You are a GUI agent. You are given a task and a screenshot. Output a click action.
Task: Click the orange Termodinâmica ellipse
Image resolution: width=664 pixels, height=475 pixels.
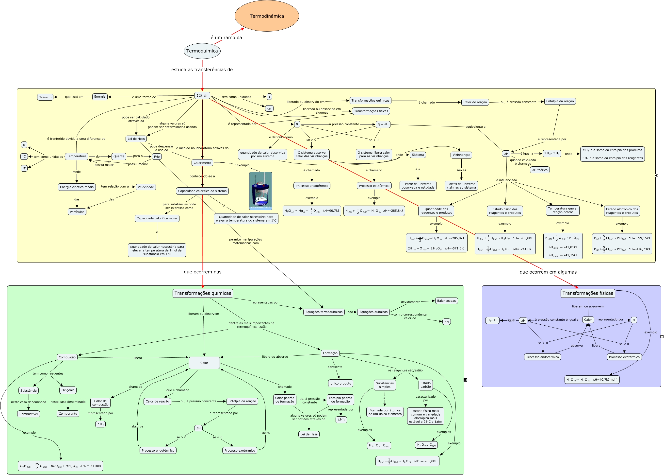(x=266, y=16)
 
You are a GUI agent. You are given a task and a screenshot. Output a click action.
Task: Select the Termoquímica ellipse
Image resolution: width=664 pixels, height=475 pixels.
(x=202, y=51)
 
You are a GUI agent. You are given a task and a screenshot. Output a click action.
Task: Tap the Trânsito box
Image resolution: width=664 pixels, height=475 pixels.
(x=45, y=97)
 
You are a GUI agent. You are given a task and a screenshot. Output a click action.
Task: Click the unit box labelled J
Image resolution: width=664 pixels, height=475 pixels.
(x=269, y=97)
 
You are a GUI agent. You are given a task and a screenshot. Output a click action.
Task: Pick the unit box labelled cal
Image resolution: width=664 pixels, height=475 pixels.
(x=269, y=108)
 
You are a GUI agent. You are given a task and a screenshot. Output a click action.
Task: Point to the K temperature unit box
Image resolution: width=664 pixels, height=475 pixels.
(x=24, y=145)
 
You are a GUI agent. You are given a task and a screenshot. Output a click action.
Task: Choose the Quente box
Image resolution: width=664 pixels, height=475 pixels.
(x=119, y=156)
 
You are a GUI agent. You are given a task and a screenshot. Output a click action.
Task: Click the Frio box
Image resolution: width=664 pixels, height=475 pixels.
(x=157, y=157)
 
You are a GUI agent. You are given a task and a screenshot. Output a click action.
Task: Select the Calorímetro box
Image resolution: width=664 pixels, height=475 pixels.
(x=202, y=163)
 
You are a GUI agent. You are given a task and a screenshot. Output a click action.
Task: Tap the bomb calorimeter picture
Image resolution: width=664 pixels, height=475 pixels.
(x=260, y=191)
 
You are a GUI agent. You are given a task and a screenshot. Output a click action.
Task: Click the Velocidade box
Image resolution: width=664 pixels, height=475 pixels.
(x=146, y=187)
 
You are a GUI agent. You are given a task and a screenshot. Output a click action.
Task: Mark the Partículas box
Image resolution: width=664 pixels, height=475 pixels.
(x=77, y=212)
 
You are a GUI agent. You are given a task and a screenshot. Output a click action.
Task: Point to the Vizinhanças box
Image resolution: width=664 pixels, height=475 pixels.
(x=461, y=155)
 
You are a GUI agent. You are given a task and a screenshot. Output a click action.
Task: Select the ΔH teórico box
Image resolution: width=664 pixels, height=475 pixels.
(x=540, y=170)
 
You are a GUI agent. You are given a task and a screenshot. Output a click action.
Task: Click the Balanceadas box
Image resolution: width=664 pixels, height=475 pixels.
(x=446, y=301)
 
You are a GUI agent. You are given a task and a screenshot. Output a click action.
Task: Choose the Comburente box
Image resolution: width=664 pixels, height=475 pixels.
(x=68, y=414)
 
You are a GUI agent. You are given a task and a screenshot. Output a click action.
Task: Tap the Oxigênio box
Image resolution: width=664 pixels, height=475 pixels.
(x=68, y=390)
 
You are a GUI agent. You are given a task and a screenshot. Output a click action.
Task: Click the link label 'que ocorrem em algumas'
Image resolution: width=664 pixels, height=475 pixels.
(x=548, y=272)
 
